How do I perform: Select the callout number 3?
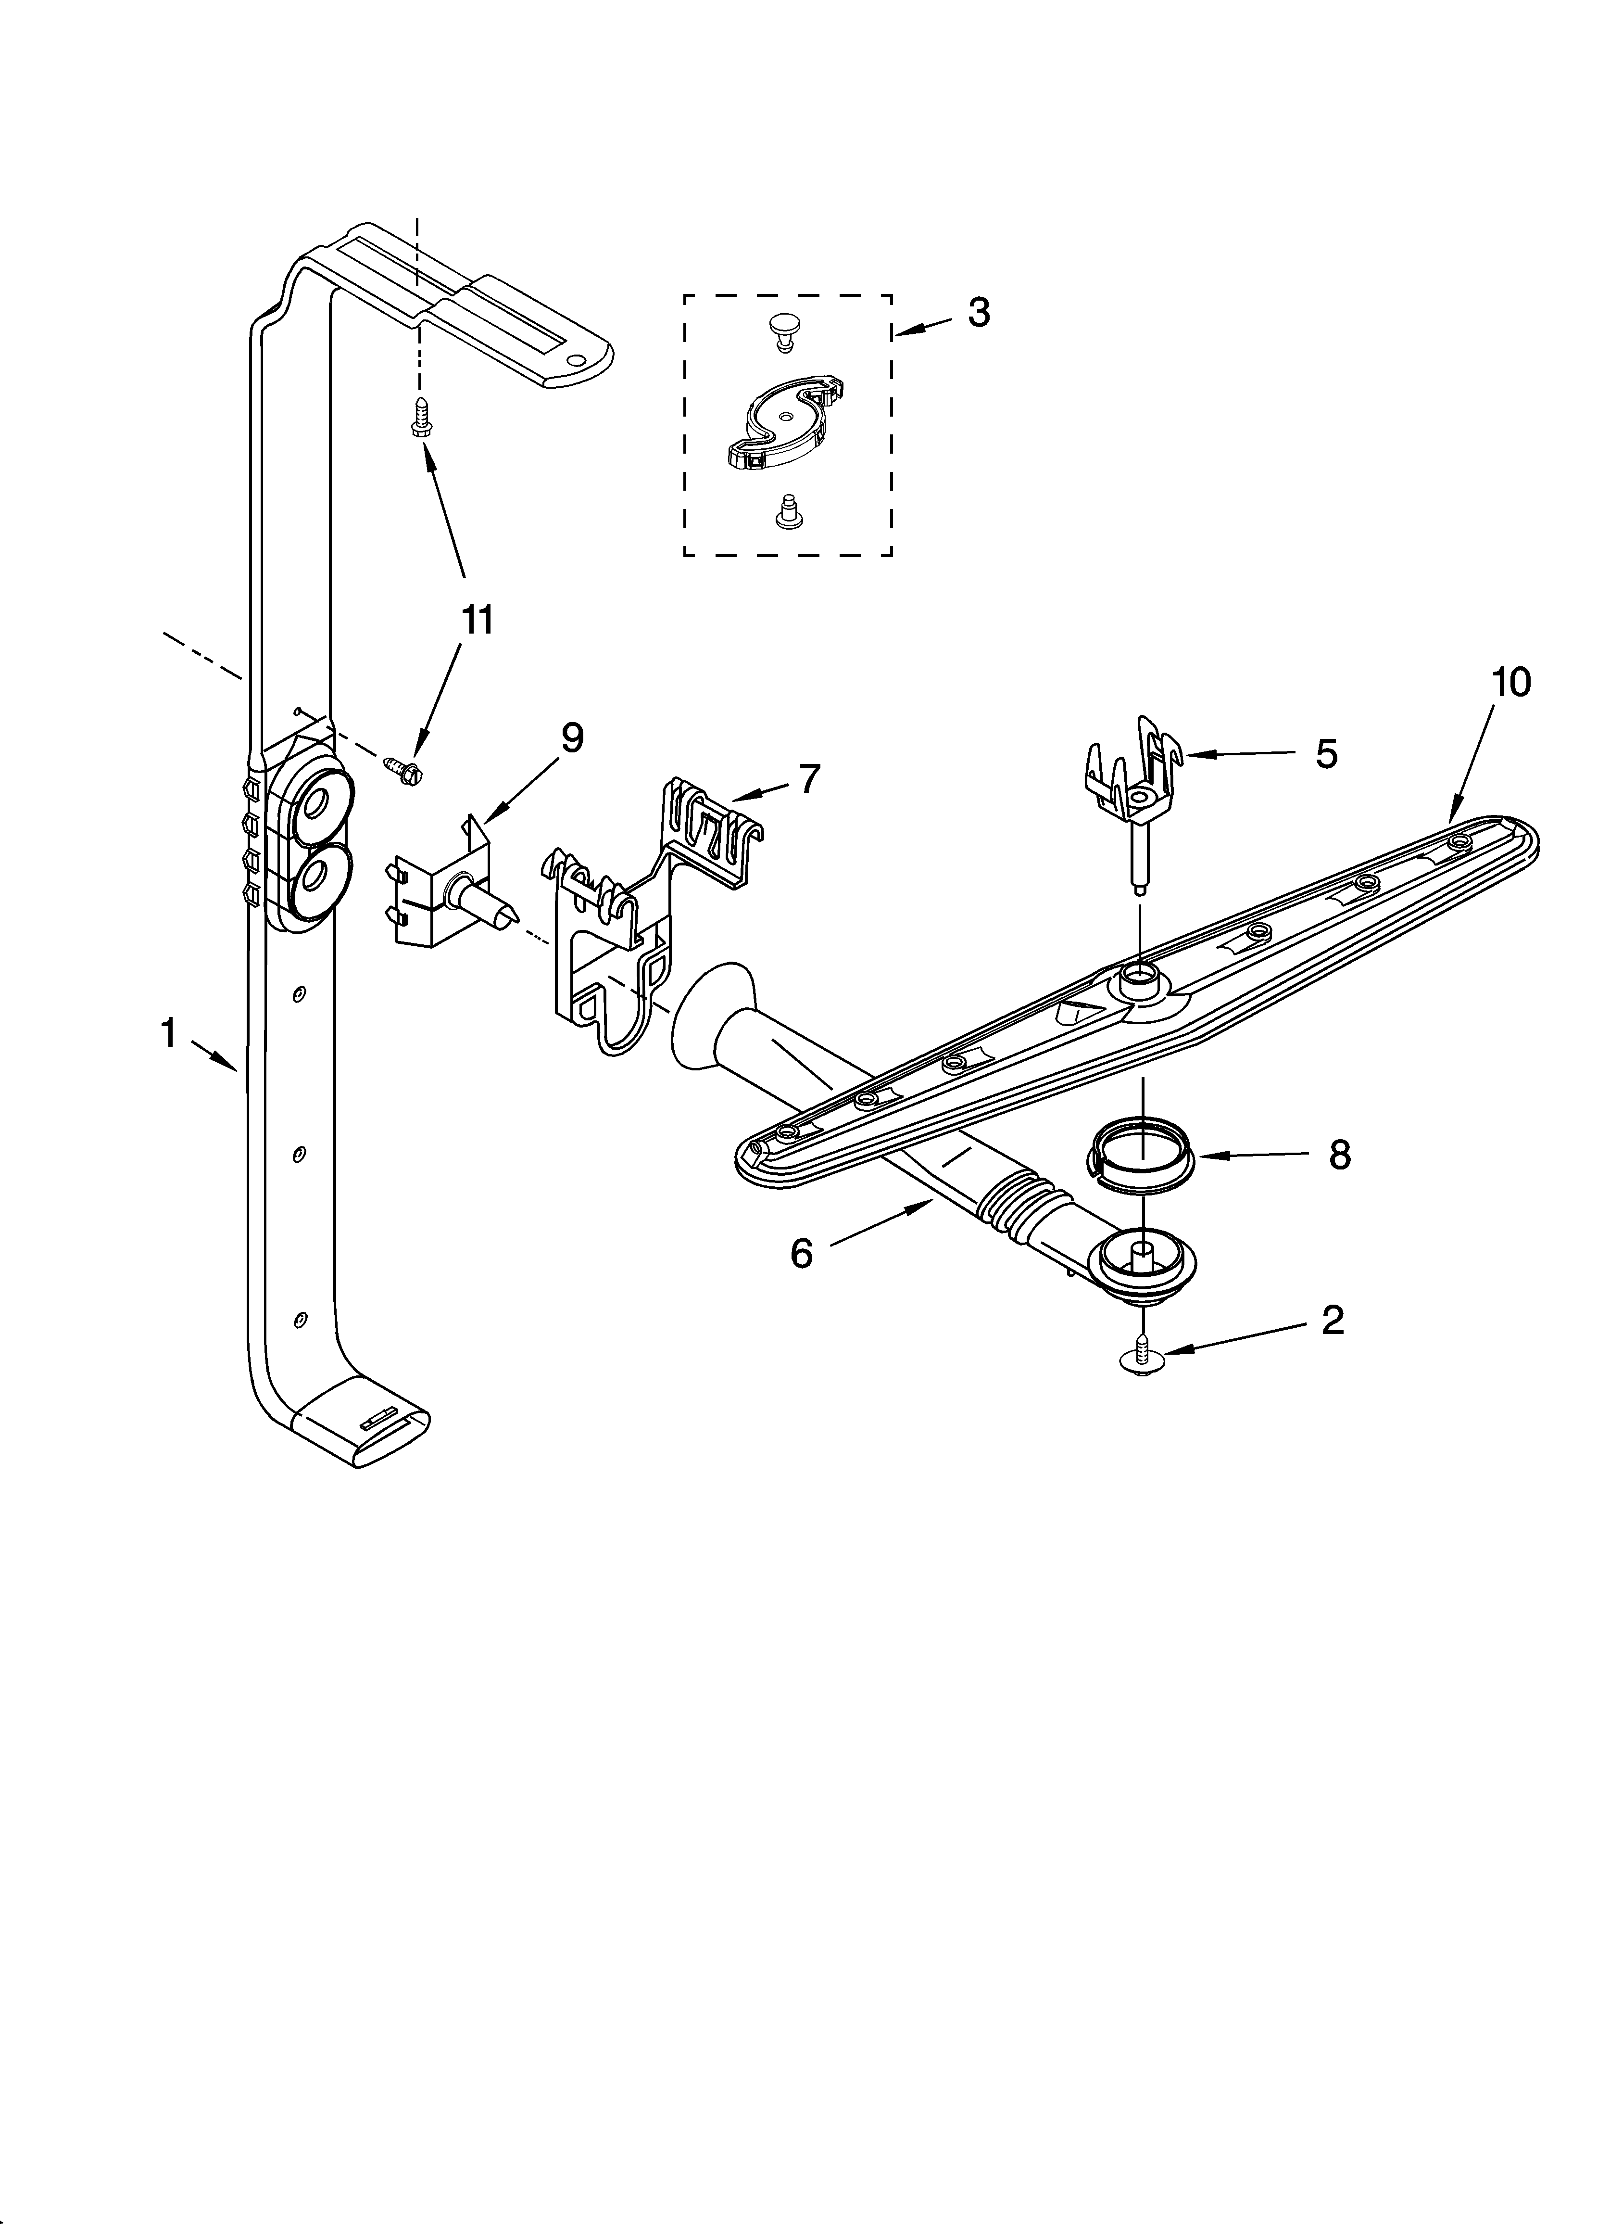click(x=978, y=312)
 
